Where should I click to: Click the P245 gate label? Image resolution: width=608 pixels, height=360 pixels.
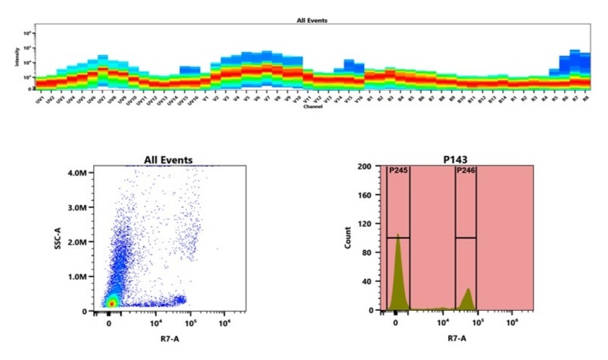pyautogui.click(x=398, y=170)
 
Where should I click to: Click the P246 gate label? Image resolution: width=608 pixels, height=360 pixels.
pyautogui.click(x=466, y=170)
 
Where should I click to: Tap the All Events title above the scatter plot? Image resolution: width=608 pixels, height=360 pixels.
pyautogui.click(x=168, y=160)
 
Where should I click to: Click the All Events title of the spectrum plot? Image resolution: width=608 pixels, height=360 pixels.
pyautogui.click(x=313, y=21)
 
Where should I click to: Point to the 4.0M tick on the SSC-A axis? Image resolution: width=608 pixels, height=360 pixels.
pyautogui.click(x=80, y=172)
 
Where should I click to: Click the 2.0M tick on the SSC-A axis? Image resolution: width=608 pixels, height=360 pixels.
pyautogui.click(x=80, y=242)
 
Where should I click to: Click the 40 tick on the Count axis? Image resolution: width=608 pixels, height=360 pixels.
pyautogui.click(x=366, y=281)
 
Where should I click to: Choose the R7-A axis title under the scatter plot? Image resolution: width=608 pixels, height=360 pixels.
pyautogui.click(x=168, y=338)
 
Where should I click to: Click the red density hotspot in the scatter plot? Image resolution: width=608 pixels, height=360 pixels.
pyautogui.click(x=111, y=303)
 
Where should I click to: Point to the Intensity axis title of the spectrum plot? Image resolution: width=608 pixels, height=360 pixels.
pyautogui.click(x=17, y=57)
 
